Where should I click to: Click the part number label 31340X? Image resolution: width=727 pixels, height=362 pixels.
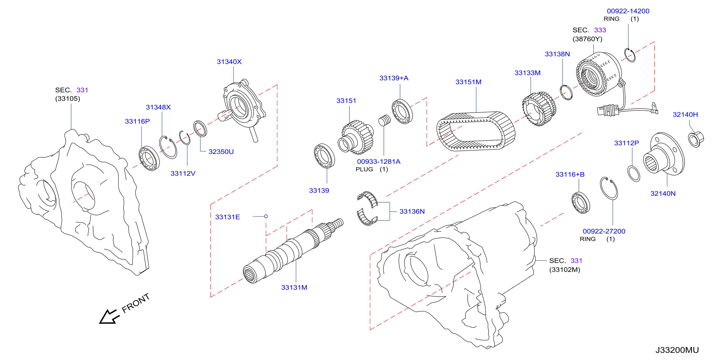(229, 62)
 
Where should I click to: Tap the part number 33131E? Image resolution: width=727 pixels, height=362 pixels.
(228, 217)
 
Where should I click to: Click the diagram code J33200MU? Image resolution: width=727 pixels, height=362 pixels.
(677, 350)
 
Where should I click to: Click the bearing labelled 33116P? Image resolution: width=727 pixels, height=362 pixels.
(149, 159)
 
